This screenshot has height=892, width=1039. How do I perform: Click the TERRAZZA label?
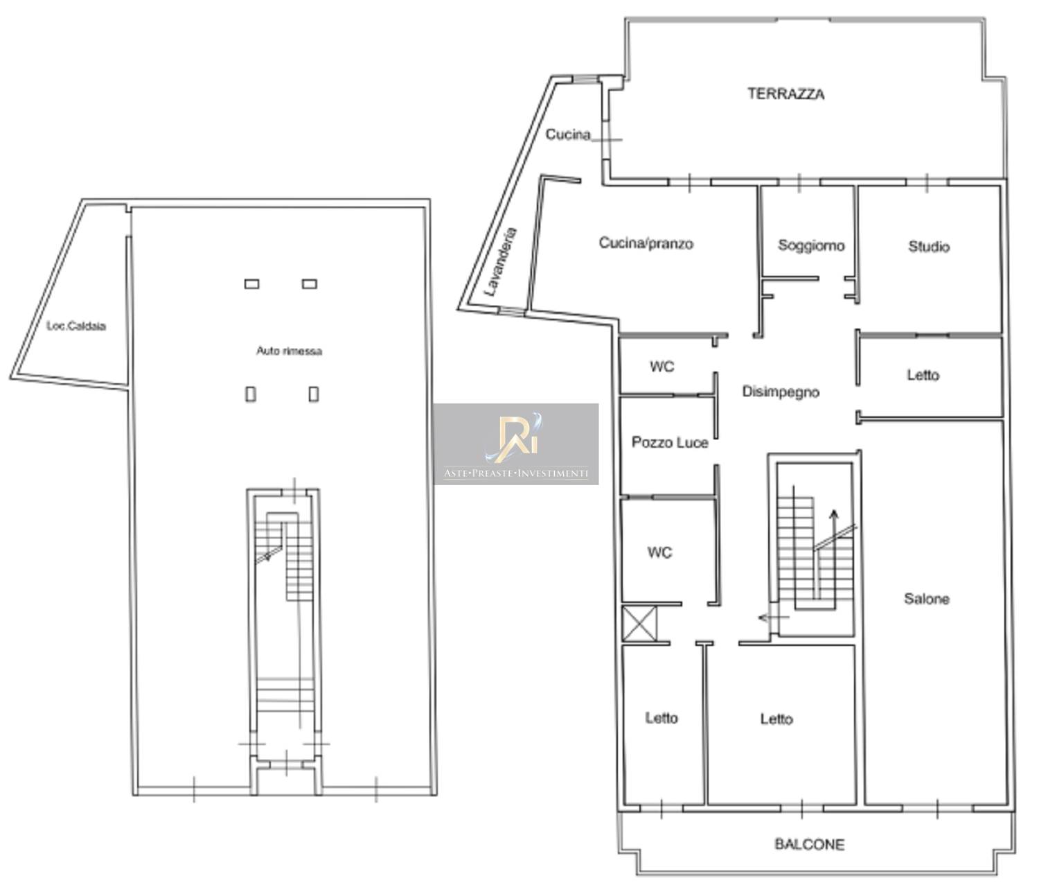pyautogui.click(x=785, y=94)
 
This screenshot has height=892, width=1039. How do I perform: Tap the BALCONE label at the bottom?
pyautogui.click(x=809, y=844)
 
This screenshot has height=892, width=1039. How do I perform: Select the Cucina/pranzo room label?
pyautogui.click(x=646, y=243)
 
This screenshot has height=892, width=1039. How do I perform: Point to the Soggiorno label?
pyautogui.click(x=811, y=245)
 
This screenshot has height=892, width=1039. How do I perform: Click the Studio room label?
pyautogui.click(x=929, y=247)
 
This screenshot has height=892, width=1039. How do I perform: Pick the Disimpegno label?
pyautogui.click(x=781, y=392)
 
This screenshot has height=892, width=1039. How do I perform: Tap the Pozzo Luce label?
pyautogui.click(x=670, y=443)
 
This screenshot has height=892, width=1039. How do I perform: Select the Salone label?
pyautogui.click(x=926, y=599)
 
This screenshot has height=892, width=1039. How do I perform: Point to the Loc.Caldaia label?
pyautogui.click(x=76, y=326)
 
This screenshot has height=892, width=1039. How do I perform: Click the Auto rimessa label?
pyautogui.click(x=289, y=351)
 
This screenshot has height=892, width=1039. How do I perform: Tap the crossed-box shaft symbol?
pyautogui.click(x=639, y=624)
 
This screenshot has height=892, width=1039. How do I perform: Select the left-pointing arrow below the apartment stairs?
pyautogui.click(x=774, y=618)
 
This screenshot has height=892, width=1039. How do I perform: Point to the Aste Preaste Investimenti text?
pyautogui.click(x=516, y=473)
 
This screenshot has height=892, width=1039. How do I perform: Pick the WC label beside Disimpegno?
pyautogui.click(x=661, y=367)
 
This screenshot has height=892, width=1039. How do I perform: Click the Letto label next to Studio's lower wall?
pyautogui.click(x=923, y=375)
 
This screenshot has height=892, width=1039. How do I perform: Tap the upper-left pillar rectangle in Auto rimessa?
pyautogui.click(x=252, y=284)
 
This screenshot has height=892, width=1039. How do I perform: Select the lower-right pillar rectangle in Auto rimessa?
pyautogui.click(x=314, y=394)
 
